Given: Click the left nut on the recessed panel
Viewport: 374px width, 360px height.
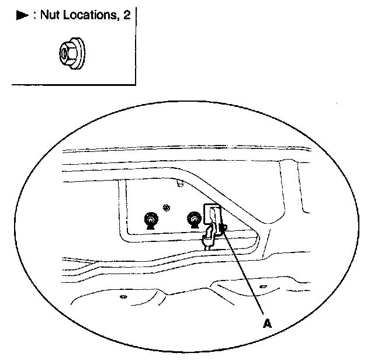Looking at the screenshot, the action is [151, 219].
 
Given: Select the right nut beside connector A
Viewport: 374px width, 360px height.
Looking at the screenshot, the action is [193, 219].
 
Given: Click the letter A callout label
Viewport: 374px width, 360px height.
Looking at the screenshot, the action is [266, 323].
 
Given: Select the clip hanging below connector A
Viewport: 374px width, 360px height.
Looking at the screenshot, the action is [209, 238].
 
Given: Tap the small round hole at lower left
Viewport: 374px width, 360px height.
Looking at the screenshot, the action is [123, 297].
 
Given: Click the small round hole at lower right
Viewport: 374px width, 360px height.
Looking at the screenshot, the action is [262, 287].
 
